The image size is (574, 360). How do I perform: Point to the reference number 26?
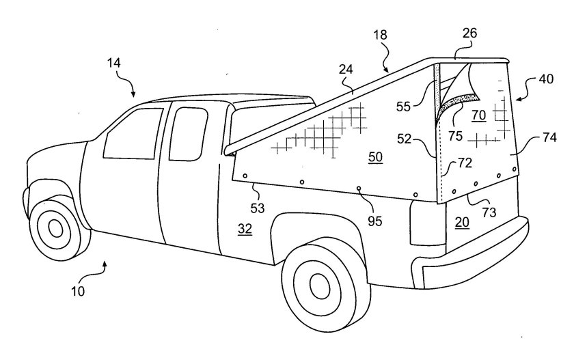(469, 32)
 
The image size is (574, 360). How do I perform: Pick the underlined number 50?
(376, 157)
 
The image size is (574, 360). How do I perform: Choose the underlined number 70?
(478, 115)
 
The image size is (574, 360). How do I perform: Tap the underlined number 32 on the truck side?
(245, 230)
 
